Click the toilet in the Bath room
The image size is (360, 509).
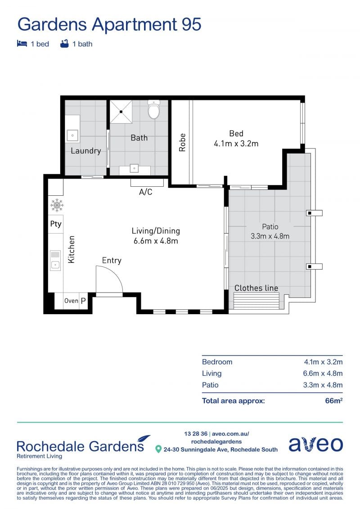[153, 109]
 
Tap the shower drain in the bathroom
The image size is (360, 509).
[121, 112]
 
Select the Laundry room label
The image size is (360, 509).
[85, 151]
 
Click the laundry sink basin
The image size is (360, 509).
[72, 135]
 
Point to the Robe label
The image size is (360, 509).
[182, 143]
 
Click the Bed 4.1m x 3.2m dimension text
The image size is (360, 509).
[236, 144]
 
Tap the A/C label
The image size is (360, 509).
[145, 192]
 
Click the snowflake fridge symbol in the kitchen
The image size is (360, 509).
[57, 205]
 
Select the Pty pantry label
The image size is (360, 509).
[56, 224]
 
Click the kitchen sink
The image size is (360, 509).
[55, 260]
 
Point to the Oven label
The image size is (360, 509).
[71, 301]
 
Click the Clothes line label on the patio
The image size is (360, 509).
[256, 288]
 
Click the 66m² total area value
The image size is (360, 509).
[334, 401]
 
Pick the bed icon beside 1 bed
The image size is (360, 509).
[22, 44]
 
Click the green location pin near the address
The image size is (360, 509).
[158, 449]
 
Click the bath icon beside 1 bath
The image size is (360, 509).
[65, 44]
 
